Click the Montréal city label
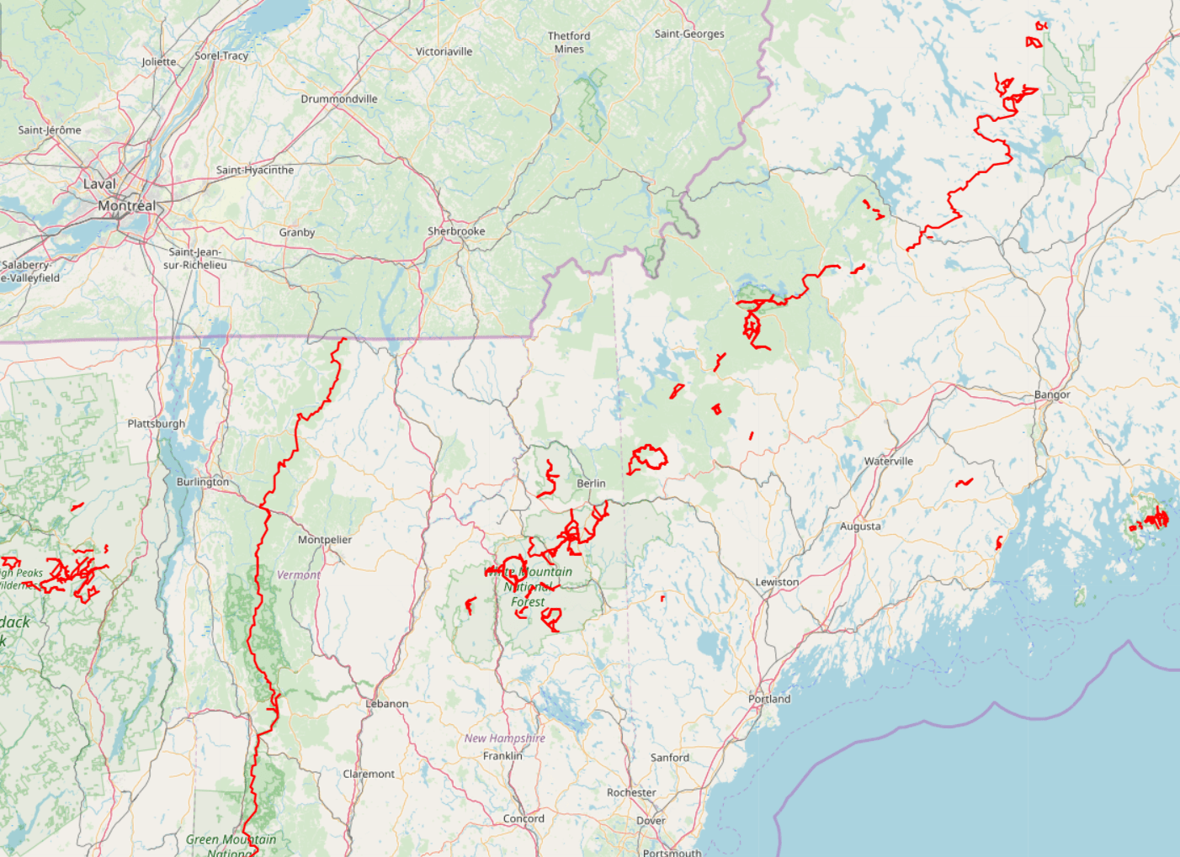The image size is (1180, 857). pos(127,206)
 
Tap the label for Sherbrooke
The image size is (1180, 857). pos(456,231)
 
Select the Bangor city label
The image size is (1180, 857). pos(1052,394)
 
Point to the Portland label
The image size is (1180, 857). pos(769,699)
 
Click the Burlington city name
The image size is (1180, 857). pos(203,482)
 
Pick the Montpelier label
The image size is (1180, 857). pos(325,540)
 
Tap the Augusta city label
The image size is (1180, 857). pos(860,526)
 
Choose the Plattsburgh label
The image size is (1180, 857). pos(156,423)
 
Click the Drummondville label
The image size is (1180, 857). pos(339,99)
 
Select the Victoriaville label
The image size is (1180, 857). pos(444,52)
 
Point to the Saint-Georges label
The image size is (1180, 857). pos(689,34)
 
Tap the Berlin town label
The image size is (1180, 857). pos(591,484)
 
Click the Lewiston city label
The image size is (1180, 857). pos(777,582)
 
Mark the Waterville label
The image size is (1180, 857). pos(888,462)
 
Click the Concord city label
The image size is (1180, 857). pos(524,818)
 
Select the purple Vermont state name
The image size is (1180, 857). pos(299,575)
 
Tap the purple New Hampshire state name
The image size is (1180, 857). pos(505,738)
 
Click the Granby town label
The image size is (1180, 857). pos(297,233)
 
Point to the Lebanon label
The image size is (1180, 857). pos(387,704)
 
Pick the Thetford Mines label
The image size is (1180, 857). pos(569,43)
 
